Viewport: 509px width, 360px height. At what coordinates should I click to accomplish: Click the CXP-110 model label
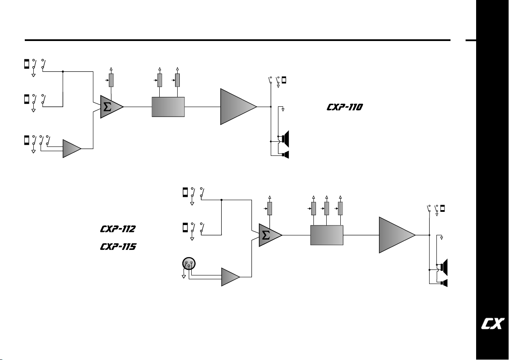tap(345, 107)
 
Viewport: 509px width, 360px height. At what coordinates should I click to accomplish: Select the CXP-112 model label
tap(117, 229)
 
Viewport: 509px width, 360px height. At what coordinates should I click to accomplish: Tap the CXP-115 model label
tap(118, 247)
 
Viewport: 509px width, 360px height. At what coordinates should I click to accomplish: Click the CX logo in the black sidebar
tap(493, 324)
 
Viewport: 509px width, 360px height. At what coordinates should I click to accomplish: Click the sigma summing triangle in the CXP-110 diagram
tap(110, 107)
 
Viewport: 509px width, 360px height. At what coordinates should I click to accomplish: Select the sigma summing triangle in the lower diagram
tap(269, 235)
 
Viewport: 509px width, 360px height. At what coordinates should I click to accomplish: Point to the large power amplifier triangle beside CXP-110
tap(236, 106)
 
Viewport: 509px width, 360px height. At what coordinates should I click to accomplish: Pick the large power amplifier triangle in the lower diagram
tap(395, 235)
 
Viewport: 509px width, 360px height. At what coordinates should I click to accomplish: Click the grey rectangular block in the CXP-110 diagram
tap(168, 107)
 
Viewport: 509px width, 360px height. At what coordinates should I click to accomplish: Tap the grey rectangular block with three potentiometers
tap(327, 235)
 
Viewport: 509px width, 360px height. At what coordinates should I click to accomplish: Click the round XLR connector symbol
tap(189, 263)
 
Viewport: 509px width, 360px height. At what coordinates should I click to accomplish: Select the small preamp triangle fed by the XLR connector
tap(229, 277)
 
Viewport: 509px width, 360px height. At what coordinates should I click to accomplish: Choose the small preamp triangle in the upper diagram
tap(70, 149)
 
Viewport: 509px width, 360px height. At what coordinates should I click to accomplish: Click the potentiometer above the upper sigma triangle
tap(111, 80)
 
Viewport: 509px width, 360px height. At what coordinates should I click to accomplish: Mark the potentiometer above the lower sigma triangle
tap(270, 208)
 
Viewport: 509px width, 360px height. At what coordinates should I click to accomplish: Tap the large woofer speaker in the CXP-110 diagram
tap(285, 139)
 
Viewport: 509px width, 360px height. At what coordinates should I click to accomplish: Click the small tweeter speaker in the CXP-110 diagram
tap(286, 155)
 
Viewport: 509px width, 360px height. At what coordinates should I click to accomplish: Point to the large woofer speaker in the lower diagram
tap(444, 267)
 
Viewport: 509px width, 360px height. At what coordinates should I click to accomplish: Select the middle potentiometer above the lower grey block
tap(327, 208)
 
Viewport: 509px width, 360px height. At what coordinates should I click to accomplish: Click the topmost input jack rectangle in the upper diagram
tap(26, 64)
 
